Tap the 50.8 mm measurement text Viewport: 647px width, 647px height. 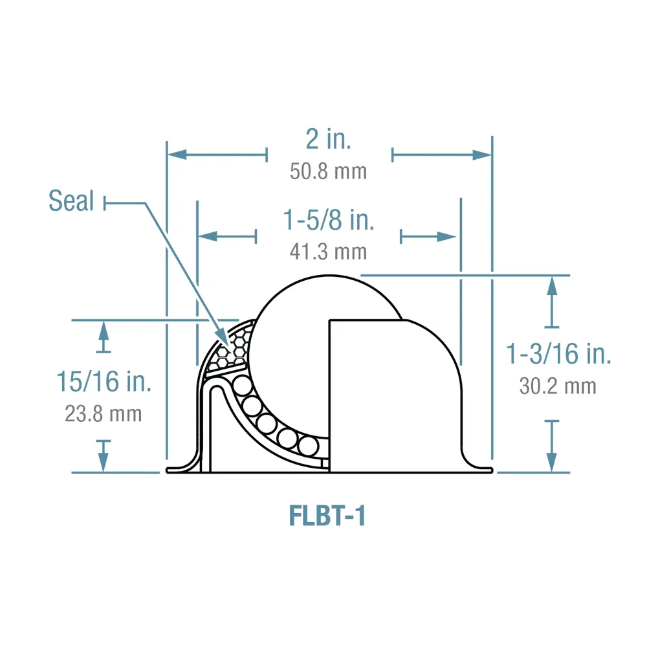pos(329,171)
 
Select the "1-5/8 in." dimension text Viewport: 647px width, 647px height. pos(329,221)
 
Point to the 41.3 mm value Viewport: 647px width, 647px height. pos(329,251)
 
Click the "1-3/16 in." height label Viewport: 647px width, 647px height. pos(558,355)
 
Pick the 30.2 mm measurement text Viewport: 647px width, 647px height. pos(558,386)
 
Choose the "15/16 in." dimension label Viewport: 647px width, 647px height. pos(104,382)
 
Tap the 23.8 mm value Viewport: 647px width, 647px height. pos(104,413)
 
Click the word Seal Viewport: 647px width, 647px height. pos(71,202)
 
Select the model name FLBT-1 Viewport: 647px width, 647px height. pos(327,516)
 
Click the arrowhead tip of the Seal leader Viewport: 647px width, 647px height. pos(227,345)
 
